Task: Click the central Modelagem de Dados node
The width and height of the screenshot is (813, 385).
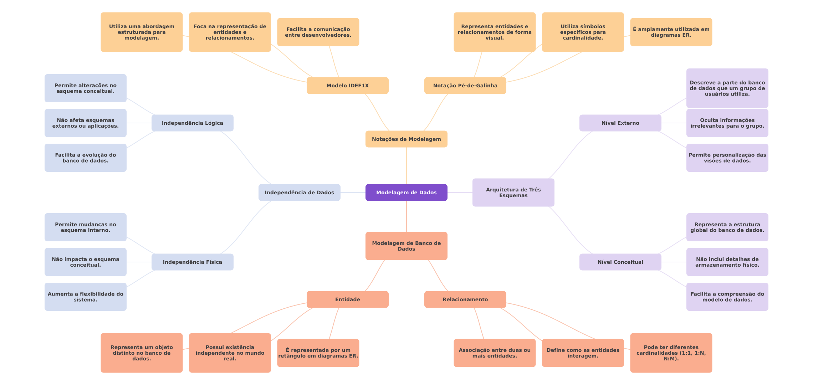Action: [x=406, y=192]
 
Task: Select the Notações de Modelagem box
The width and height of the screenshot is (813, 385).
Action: [x=406, y=139]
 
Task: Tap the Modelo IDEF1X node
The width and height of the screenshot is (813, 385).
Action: [x=347, y=86]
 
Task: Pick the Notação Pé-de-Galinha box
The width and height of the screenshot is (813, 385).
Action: [x=465, y=86]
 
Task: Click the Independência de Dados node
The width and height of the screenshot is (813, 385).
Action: [x=299, y=192]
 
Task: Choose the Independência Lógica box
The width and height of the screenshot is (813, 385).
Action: [x=192, y=123]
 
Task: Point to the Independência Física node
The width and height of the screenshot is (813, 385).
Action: [x=192, y=262]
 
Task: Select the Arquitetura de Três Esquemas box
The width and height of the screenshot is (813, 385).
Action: [x=513, y=192]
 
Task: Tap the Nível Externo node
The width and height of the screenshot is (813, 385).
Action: [x=620, y=123]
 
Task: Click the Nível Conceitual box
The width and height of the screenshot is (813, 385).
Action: [x=620, y=262]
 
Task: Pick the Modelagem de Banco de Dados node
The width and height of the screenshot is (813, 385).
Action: [x=406, y=246]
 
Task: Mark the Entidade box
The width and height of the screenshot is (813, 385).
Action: [x=347, y=299]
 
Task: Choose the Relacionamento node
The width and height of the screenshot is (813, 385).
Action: [x=465, y=299]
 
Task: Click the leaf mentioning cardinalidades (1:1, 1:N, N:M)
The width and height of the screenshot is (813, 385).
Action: [x=671, y=353]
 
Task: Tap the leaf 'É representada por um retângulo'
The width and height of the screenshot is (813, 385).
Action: [x=318, y=353]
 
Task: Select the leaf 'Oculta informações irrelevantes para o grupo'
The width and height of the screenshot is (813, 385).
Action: [x=727, y=123]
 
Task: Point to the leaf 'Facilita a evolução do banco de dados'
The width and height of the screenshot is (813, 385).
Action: [x=85, y=158]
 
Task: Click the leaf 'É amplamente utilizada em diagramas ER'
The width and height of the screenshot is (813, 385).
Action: [x=671, y=32]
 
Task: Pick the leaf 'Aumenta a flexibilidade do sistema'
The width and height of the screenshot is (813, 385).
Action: [x=85, y=297]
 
